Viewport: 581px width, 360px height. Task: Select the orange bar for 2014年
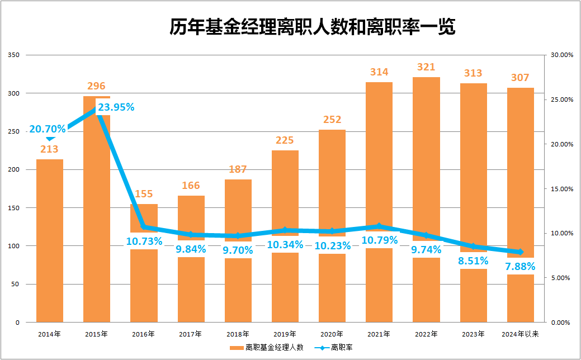coord(50,240)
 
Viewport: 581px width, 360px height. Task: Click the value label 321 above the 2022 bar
coord(426,67)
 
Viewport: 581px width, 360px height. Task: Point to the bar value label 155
coord(144,194)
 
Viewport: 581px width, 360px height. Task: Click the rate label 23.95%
coord(116,107)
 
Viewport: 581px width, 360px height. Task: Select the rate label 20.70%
coord(48,129)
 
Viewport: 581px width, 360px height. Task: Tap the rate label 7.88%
coord(521,266)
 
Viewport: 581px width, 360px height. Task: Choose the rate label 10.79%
coord(379,240)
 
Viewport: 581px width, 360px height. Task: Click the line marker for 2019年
coord(285,230)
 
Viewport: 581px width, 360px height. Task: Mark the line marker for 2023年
coord(474,246)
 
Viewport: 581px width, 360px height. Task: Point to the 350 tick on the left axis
coord(14,55)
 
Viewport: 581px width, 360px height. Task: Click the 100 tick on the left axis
coord(14,246)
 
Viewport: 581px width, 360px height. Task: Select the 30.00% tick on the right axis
coord(562,55)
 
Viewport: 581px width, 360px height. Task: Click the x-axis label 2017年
coord(191,334)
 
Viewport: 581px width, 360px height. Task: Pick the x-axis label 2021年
coord(379,334)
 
